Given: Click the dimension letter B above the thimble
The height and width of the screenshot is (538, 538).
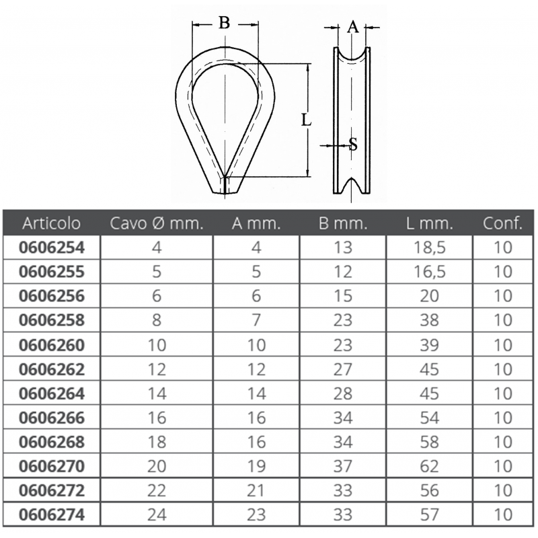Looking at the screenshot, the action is pos(224,23).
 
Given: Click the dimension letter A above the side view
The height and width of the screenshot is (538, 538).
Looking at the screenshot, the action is pos(352,26).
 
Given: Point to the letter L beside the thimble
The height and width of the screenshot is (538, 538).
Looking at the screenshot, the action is pos(306,120).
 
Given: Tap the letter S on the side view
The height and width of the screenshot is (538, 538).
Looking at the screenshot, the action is pos(353,144).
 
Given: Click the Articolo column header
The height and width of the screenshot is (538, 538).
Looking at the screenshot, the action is pos(52,223).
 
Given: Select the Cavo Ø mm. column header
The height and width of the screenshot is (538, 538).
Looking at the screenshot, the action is pos(157,223).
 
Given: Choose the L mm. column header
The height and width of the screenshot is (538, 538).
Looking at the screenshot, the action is pos(430,223).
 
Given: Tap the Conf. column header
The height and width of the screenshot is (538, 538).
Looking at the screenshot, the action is pos(502,223).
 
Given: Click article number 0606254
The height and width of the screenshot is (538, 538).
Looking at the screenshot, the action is pos(52,247).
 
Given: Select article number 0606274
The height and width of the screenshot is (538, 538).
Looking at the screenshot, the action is pos(52,514).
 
